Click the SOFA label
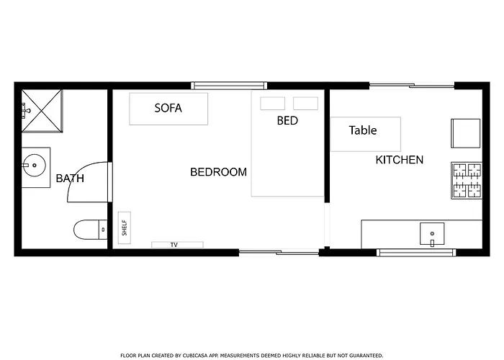[168, 108]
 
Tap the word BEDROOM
[219, 172]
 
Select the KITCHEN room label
[400, 160]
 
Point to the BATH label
[70, 178]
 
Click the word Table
[363, 130]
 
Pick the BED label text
[287, 120]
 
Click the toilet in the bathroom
[90, 230]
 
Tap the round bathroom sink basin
[35, 166]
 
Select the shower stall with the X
[42, 111]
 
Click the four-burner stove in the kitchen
[467, 180]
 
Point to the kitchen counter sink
[432, 234]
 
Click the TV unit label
[174, 245]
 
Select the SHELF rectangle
[125, 228]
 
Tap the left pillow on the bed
[273, 104]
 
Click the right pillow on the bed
[306, 104]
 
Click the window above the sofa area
[229, 86]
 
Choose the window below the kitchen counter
[416, 253]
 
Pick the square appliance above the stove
[466, 133]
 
